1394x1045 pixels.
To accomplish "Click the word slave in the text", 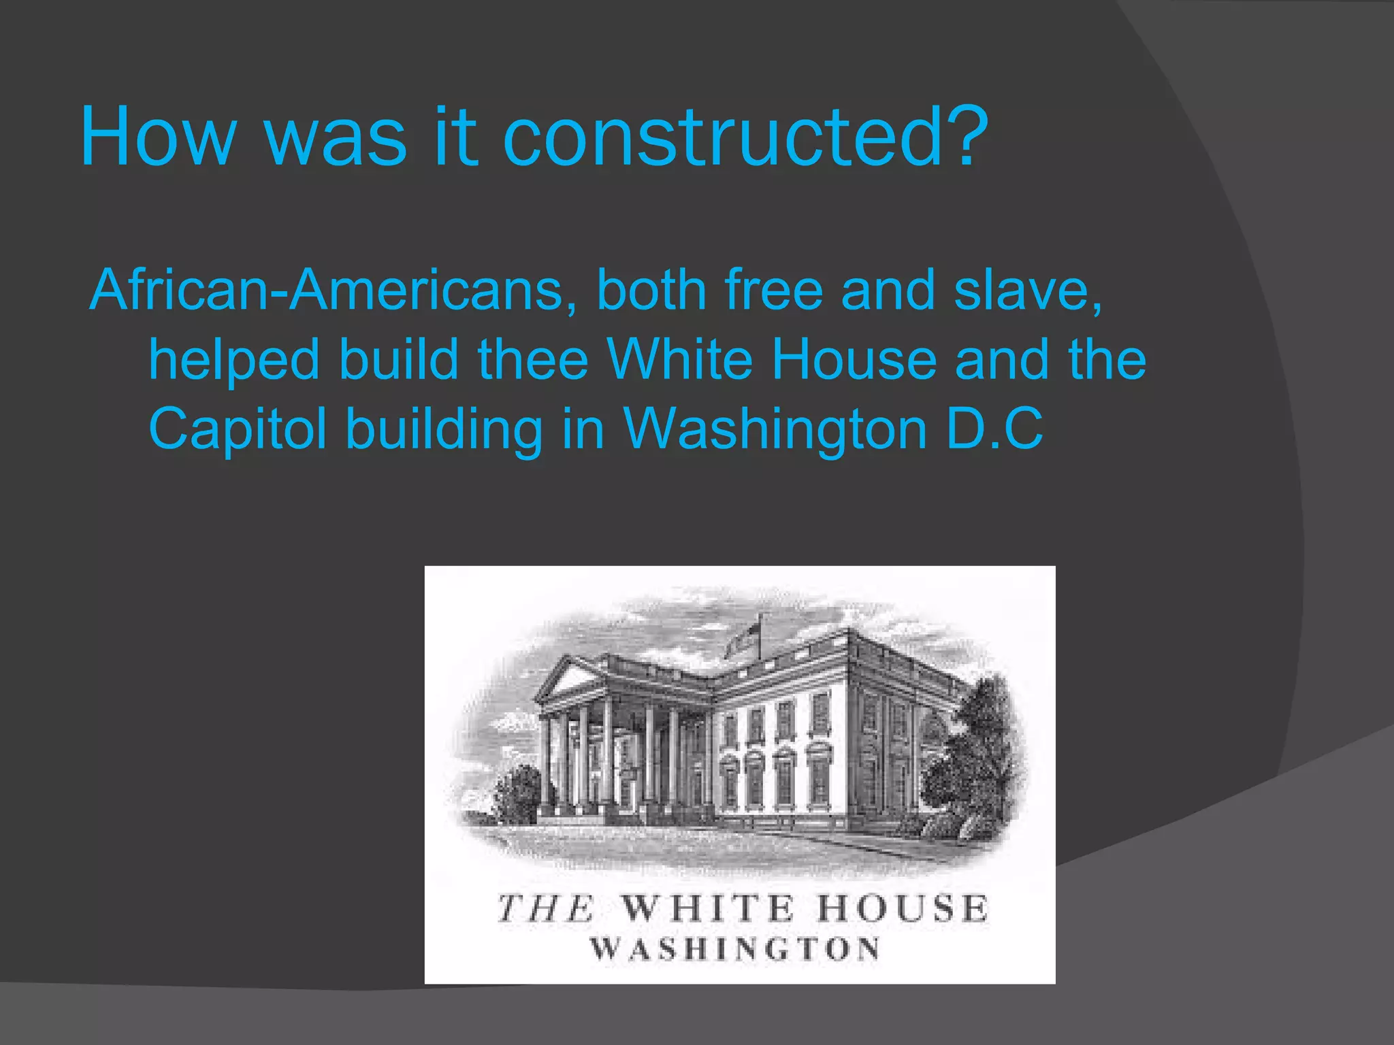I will point(1025,291).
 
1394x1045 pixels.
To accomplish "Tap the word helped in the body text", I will point(234,360).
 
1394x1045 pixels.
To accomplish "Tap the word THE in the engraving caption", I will point(545,909).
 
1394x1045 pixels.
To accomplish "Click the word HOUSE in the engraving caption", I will point(902,909).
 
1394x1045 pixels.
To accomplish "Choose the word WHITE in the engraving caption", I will point(708,909).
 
